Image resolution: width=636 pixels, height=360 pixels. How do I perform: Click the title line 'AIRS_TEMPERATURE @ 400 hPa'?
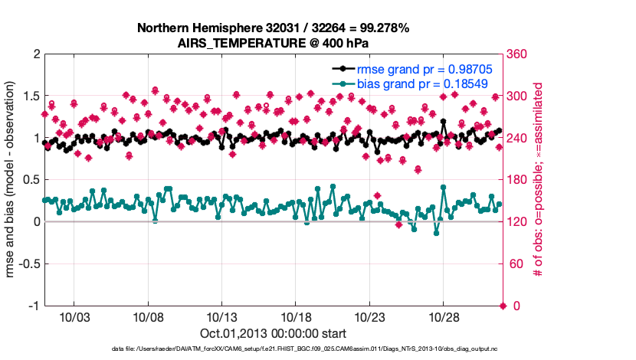(273, 42)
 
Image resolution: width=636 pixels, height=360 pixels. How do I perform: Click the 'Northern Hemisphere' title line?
(273, 28)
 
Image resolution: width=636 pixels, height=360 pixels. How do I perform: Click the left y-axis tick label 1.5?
(31, 97)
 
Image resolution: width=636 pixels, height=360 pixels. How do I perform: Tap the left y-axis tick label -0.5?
(28, 264)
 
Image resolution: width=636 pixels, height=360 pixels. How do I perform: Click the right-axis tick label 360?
(518, 54)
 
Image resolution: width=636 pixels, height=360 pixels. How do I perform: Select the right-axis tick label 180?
(518, 180)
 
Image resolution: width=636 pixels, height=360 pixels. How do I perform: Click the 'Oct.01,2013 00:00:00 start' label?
(273, 334)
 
